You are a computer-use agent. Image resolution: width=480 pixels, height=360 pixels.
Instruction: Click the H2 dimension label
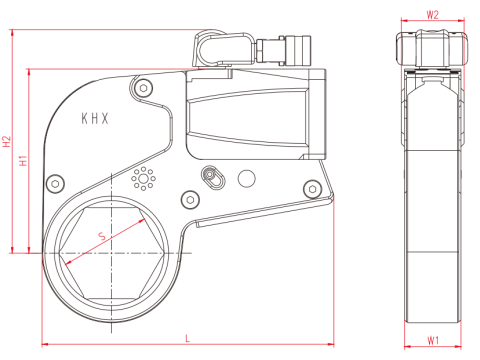click(7, 141)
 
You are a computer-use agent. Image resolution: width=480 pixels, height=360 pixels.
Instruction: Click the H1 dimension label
click(23, 160)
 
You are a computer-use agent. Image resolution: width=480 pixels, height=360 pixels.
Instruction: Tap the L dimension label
click(188, 339)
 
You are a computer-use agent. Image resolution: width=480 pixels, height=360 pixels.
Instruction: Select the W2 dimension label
click(432, 15)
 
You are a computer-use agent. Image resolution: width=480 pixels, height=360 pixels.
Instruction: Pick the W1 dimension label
click(433, 341)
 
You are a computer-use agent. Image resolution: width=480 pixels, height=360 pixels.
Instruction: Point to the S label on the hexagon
click(102, 236)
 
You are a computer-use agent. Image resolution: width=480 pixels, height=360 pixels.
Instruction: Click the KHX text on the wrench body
click(95, 119)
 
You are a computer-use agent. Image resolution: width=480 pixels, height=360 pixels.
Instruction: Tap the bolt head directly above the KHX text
click(143, 88)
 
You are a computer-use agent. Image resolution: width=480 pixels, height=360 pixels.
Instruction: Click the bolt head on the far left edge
click(55, 184)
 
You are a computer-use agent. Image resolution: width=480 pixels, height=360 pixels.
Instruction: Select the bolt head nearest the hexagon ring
click(190, 200)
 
